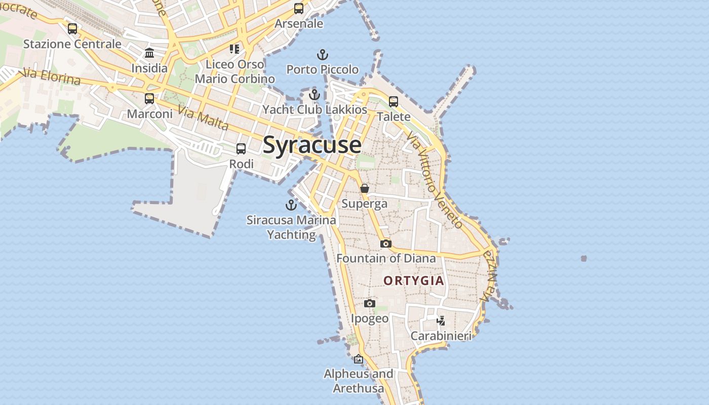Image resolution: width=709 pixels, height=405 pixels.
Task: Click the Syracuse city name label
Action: click(312, 145)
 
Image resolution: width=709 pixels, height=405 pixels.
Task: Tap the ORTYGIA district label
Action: click(413, 280)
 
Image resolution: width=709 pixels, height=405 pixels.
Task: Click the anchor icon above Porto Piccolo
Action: click(322, 55)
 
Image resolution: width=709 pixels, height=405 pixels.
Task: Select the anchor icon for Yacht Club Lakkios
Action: click(314, 95)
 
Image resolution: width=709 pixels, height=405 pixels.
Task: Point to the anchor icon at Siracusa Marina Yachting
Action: click(291, 205)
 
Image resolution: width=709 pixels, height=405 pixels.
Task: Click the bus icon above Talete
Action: click(393, 102)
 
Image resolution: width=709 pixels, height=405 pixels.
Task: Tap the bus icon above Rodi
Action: click(241, 149)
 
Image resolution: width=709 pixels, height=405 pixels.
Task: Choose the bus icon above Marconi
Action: click(149, 99)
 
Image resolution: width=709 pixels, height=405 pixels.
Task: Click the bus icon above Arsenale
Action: click(299, 9)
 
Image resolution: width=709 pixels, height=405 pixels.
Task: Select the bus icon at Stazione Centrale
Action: click(72, 29)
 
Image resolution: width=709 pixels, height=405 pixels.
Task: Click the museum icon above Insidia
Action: click(149, 53)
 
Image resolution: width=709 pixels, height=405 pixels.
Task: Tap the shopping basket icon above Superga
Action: click(365, 189)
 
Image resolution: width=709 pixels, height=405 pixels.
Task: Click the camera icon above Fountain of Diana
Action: click(386, 244)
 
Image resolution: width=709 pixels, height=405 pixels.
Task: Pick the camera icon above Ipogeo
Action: click(370, 303)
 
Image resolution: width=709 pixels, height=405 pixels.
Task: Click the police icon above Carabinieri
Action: click(441, 320)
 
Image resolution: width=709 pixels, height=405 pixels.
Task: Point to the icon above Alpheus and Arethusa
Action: click(359, 359)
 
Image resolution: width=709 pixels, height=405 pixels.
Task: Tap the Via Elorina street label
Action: click(50, 77)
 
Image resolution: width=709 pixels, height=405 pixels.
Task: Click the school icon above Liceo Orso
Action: click(234, 49)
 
